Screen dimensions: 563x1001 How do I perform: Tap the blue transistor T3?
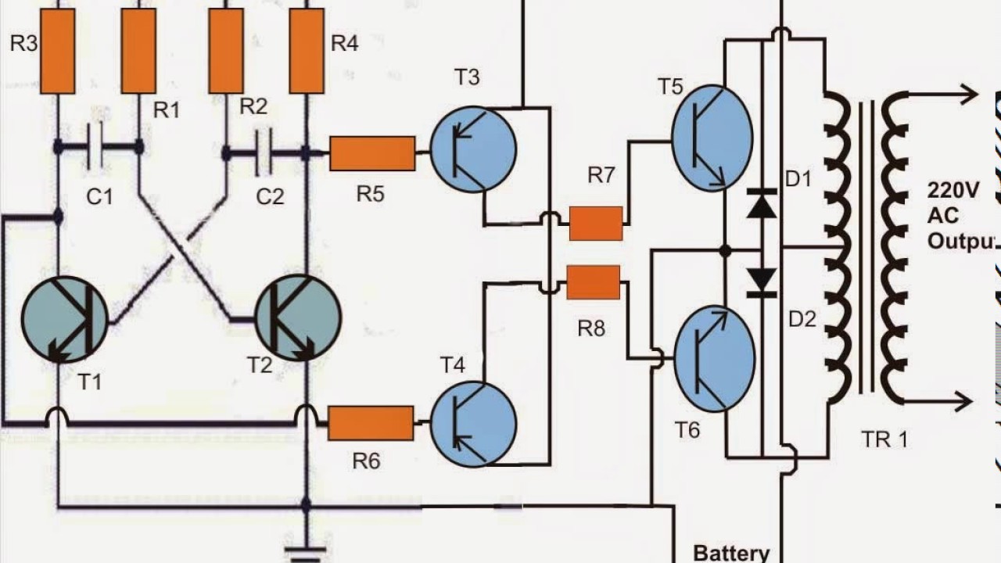click(473, 149)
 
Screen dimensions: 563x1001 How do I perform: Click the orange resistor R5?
click(372, 153)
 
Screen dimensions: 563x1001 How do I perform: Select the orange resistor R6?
click(371, 423)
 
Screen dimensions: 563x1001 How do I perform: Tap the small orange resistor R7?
click(596, 224)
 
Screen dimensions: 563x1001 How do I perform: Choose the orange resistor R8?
click(594, 282)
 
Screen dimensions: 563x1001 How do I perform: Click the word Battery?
click(731, 553)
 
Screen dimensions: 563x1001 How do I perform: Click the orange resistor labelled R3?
click(57, 52)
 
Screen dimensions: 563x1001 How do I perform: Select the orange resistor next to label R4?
click(307, 52)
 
